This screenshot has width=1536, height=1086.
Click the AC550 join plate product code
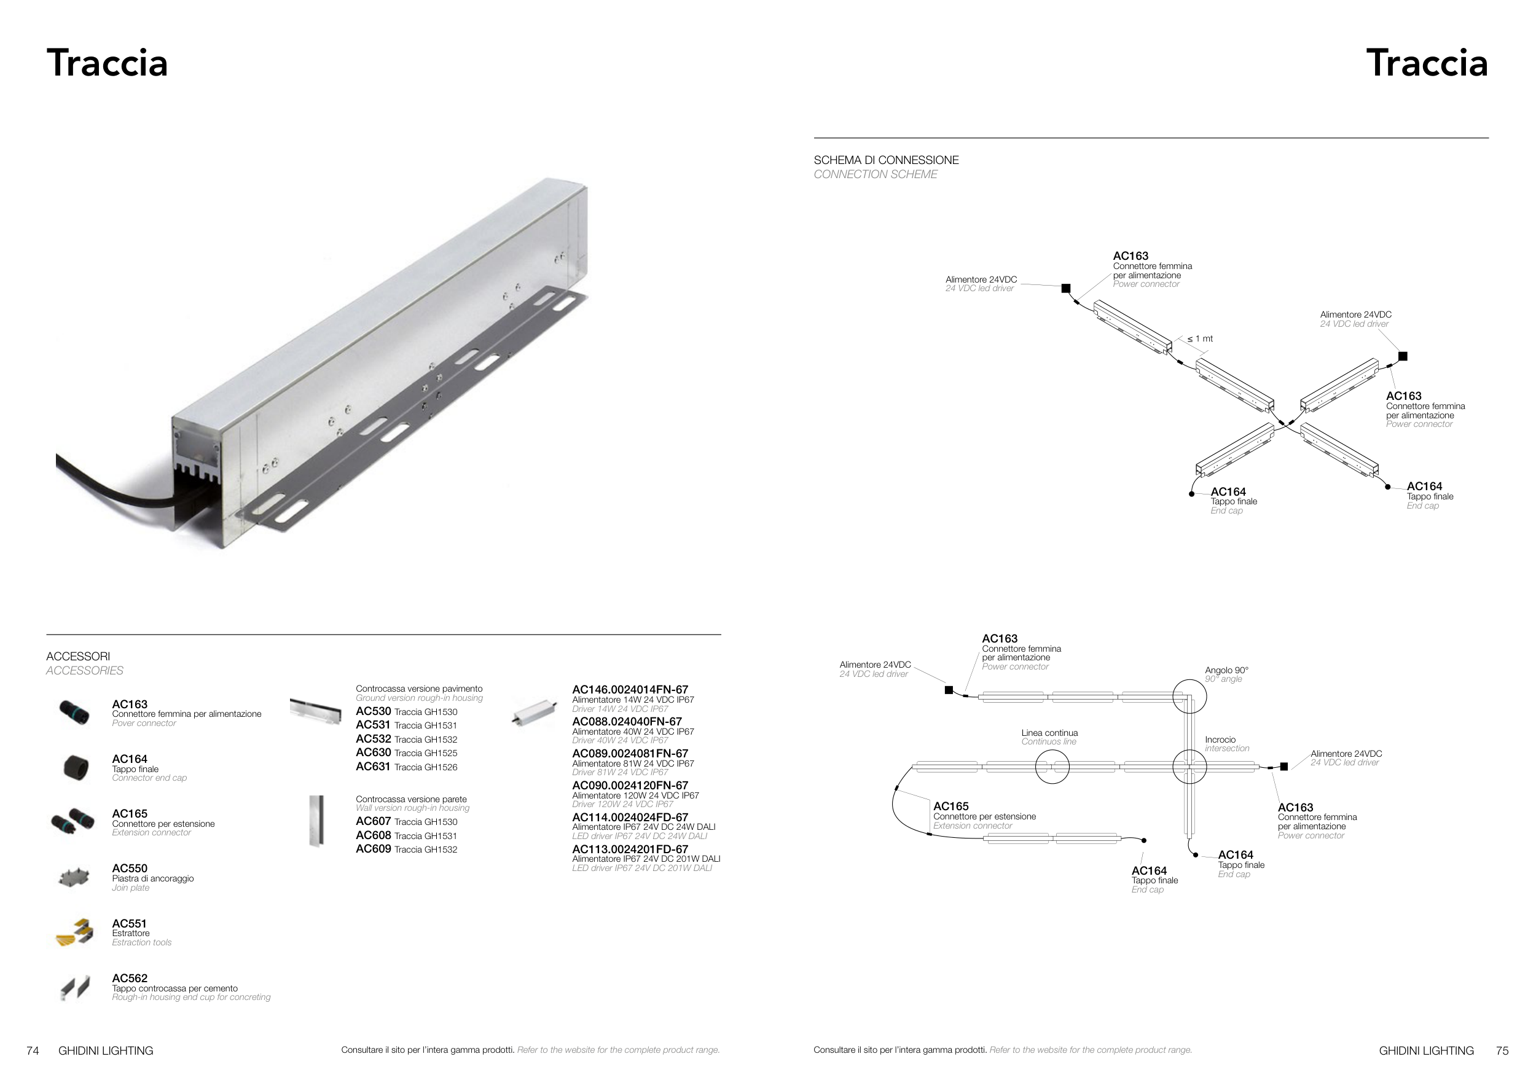point(129,869)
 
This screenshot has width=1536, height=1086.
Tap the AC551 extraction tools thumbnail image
point(74,932)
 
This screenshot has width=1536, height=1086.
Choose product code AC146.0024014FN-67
point(630,689)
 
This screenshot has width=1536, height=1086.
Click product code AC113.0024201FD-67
point(630,850)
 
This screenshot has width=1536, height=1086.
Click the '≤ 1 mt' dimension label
point(1200,339)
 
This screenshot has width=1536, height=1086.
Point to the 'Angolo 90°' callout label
point(1226,670)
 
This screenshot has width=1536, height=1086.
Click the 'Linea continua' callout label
point(1049,733)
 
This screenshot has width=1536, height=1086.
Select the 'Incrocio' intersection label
point(1220,740)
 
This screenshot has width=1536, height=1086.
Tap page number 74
point(33,1050)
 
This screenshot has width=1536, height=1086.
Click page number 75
point(1502,1050)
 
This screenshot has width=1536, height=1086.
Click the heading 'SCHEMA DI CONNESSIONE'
point(886,160)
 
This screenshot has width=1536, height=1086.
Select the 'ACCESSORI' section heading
point(78,657)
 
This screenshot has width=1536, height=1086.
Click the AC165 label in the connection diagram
point(950,807)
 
